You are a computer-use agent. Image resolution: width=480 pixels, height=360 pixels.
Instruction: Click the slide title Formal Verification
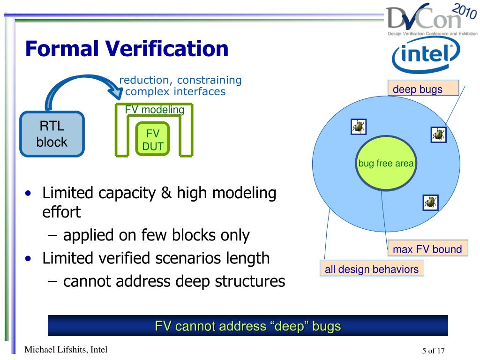point(127,49)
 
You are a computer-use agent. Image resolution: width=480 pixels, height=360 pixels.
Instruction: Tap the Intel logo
point(425,56)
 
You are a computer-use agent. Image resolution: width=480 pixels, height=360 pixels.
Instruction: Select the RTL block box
point(52,134)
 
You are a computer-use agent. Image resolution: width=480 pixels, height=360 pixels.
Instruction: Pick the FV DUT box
point(153,140)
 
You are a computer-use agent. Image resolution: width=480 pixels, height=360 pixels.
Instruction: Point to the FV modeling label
point(154,110)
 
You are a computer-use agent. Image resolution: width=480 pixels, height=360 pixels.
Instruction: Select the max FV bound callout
point(427,249)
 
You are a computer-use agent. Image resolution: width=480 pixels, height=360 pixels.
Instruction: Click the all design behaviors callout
point(371,269)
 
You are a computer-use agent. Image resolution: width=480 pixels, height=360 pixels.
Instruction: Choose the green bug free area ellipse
point(386,164)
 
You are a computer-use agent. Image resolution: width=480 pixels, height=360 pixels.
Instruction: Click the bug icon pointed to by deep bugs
point(438,135)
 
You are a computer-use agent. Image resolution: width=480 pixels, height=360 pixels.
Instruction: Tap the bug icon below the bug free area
point(430,202)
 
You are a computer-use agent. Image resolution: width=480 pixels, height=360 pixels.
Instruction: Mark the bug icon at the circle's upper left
point(359,126)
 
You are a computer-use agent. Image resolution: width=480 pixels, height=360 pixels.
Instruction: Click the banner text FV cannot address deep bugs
point(247,326)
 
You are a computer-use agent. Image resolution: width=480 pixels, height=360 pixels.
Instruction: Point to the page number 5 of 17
point(433,351)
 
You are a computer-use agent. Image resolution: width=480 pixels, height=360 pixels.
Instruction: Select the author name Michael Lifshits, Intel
point(66,349)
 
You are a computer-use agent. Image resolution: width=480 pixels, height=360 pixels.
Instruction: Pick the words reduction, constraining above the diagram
point(180,80)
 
